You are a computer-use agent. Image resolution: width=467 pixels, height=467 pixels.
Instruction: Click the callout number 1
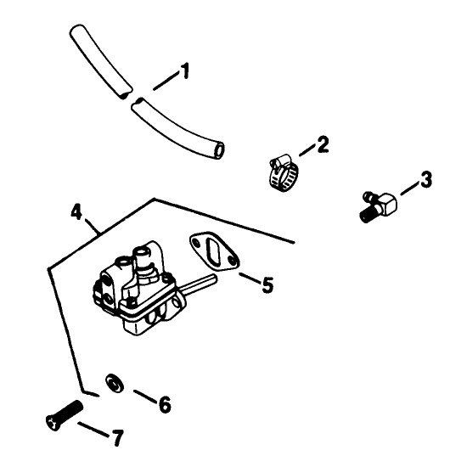tap(185, 70)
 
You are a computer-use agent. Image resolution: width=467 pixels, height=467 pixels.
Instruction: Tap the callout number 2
tap(323, 144)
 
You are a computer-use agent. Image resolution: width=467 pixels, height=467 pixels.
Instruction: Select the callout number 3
tap(426, 179)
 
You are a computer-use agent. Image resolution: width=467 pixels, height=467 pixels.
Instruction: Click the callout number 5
tap(267, 284)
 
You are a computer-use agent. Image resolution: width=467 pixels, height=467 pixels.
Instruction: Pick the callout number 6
tap(165, 404)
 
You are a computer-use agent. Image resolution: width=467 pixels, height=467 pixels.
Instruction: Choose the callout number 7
tap(117, 438)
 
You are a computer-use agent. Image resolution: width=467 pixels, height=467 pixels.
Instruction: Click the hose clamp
tap(284, 173)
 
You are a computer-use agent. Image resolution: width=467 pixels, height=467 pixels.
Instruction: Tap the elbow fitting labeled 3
tap(380, 205)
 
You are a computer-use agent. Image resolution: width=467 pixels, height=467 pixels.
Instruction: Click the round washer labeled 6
tap(115, 382)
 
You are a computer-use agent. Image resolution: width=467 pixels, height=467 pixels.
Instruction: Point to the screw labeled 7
tap(64, 415)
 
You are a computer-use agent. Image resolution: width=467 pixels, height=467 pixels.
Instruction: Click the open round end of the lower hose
tap(220, 149)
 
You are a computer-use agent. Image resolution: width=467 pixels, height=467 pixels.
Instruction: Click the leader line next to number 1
tap(166, 82)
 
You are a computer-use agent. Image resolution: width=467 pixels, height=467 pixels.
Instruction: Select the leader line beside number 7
tap(93, 429)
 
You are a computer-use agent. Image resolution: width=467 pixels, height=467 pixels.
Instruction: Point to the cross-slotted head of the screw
tap(53, 423)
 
